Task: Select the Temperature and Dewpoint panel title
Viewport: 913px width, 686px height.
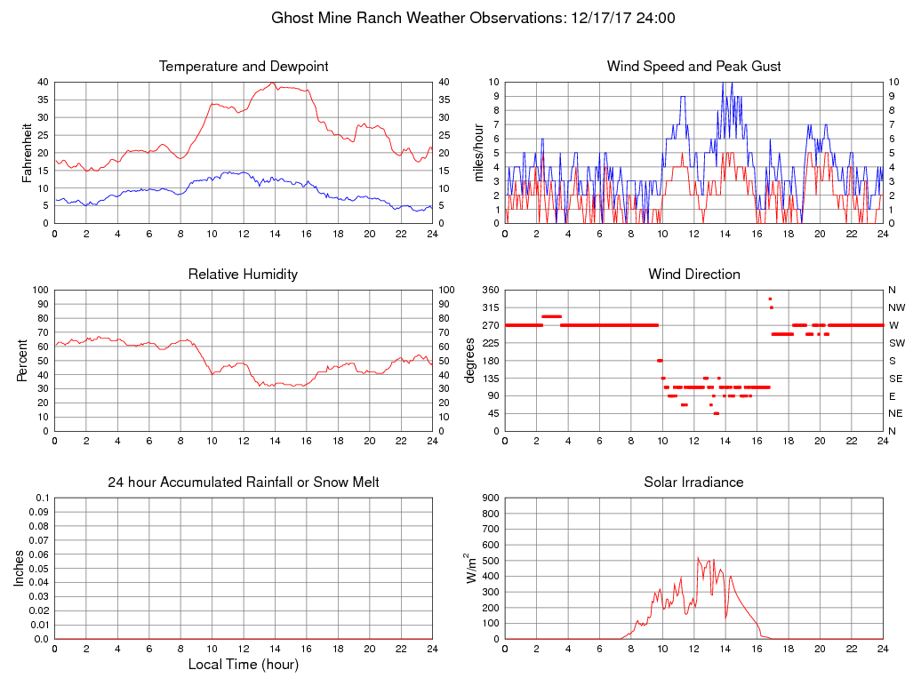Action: pos(244,67)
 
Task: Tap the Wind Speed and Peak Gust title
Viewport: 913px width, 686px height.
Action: pos(693,67)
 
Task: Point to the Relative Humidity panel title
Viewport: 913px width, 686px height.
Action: pos(244,275)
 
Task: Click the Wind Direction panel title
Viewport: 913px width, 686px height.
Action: pos(693,275)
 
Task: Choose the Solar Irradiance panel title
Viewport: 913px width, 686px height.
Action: pos(693,483)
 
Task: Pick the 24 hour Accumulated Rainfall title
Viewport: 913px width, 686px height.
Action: pos(244,483)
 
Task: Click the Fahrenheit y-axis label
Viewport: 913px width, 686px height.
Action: pos(27,152)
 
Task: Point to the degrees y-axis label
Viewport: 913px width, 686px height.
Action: pos(471,360)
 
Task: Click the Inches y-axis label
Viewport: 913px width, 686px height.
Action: pos(20,568)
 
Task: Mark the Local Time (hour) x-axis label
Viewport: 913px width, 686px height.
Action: pos(244,665)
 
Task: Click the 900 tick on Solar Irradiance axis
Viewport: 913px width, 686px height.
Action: pos(490,499)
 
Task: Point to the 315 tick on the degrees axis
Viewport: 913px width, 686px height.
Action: pos(490,307)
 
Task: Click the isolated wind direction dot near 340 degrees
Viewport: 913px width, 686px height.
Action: pos(770,299)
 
